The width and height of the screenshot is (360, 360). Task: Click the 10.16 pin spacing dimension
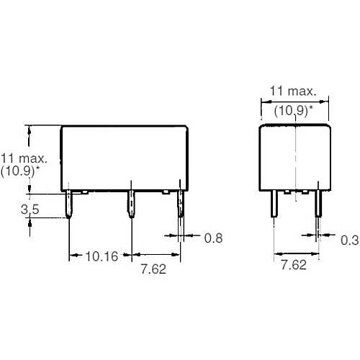102,256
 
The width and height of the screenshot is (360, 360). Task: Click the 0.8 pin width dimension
213,238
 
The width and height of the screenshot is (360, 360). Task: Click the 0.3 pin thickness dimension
350,240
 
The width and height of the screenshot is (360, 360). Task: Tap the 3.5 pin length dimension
30,210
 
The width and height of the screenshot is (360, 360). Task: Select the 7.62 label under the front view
153,269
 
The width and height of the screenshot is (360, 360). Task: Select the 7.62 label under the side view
294,265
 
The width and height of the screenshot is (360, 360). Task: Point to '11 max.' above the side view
293,91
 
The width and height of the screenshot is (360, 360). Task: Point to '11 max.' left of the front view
24,158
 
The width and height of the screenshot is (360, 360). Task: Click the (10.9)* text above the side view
294,111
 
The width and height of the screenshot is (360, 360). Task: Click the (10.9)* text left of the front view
20,171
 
